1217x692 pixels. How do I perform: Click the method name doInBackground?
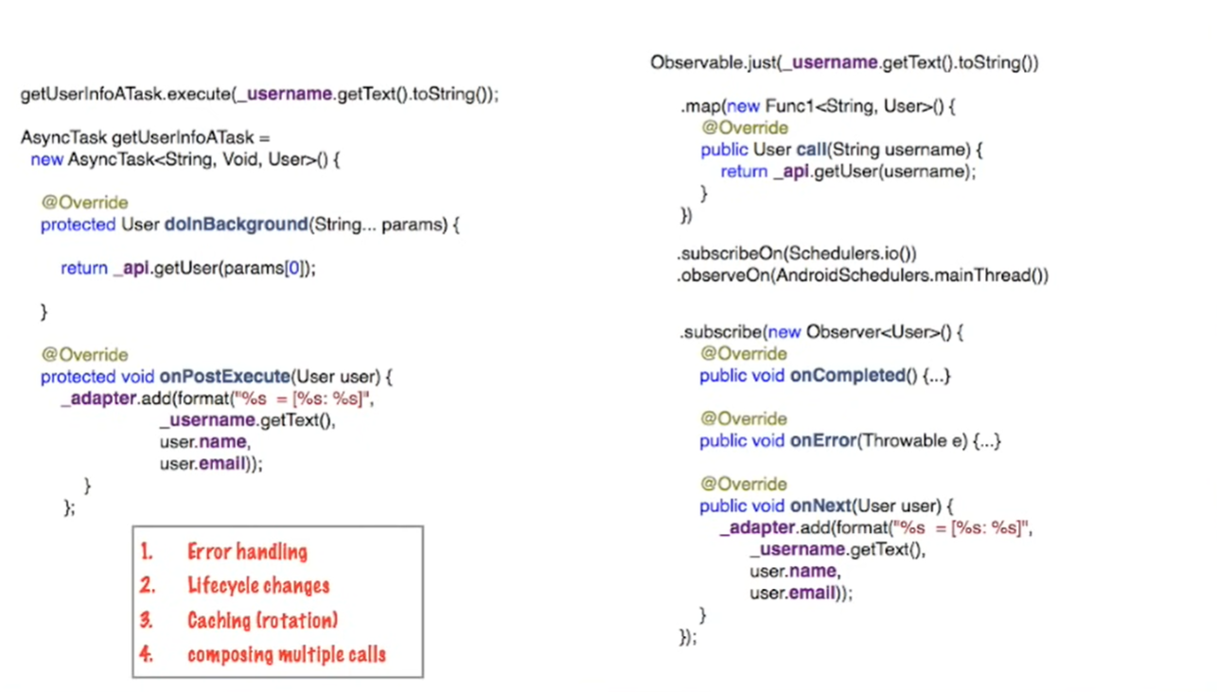click(x=236, y=225)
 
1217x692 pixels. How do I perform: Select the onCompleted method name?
click(x=847, y=376)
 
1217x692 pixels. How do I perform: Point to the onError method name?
click(x=821, y=441)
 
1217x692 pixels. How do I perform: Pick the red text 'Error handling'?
click(x=247, y=552)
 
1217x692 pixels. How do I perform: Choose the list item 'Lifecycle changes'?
click(x=258, y=586)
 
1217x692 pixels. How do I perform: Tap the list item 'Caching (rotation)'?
click(x=262, y=621)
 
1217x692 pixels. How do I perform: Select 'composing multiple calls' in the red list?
click(x=286, y=654)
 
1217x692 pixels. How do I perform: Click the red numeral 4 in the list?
click(x=146, y=654)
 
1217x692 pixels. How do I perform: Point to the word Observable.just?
click(x=706, y=63)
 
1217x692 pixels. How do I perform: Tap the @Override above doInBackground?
click(x=84, y=203)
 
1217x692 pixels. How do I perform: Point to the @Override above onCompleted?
click(x=744, y=354)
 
